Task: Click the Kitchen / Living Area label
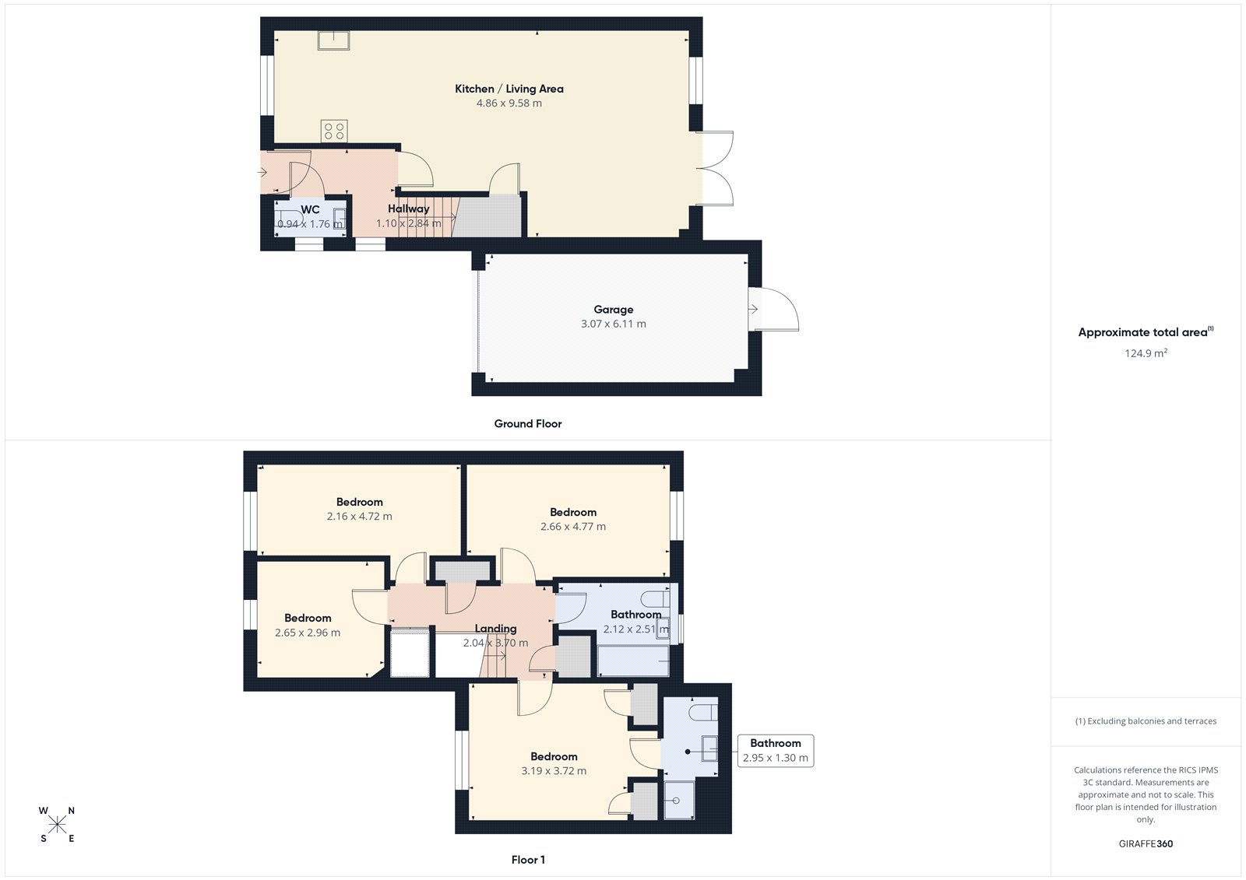pyautogui.click(x=509, y=89)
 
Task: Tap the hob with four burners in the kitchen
pyautogui.click(x=334, y=131)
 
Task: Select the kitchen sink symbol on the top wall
pyautogui.click(x=333, y=40)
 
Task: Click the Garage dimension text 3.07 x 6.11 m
pyautogui.click(x=613, y=324)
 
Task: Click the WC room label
pyautogui.click(x=310, y=209)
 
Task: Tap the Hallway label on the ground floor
pyautogui.click(x=408, y=209)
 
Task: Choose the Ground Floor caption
pyautogui.click(x=527, y=423)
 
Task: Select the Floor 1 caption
pyautogui.click(x=528, y=860)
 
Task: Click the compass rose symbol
pyautogui.click(x=58, y=825)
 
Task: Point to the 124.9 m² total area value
pyautogui.click(x=1146, y=353)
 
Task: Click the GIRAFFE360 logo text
pyautogui.click(x=1146, y=843)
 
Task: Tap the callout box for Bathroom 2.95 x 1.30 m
pyautogui.click(x=775, y=751)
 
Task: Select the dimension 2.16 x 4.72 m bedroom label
pyautogui.click(x=359, y=516)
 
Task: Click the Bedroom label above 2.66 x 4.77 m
pyautogui.click(x=573, y=512)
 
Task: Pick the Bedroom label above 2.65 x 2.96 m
pyautogui.click(x=308, y=618)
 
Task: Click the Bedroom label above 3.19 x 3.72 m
pyautogui.click(x=554, y=756)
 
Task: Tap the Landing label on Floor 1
pyautogui.click(x=495, y=629)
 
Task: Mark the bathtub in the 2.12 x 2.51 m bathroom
pyautogui.click(x=632, y=661)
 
